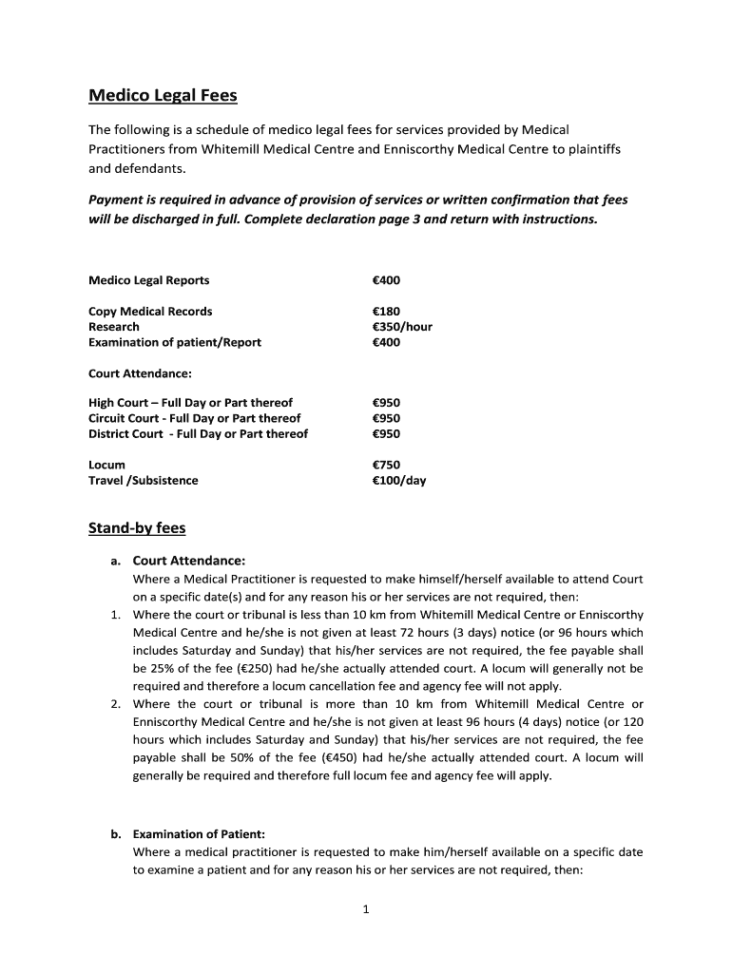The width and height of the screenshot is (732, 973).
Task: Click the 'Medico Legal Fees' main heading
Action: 163,95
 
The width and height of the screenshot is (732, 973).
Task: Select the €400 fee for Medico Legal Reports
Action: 387,280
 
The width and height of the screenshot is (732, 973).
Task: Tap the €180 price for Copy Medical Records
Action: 387,312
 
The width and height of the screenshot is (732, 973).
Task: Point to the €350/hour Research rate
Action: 402,327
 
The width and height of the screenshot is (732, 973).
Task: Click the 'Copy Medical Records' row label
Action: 150,312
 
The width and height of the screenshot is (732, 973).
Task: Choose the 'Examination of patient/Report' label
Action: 175,342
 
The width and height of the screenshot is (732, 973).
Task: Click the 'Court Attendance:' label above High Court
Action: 140,373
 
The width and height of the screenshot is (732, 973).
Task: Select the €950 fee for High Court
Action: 387,403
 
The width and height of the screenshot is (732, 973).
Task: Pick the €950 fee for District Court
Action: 387,434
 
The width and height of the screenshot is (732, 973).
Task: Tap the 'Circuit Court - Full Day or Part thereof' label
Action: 195,418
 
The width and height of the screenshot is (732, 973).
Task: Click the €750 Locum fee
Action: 387,465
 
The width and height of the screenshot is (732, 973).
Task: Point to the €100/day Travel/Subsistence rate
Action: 399,481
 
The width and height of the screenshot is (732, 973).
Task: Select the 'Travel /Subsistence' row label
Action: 144,481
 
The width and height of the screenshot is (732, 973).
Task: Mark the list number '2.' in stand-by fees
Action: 115,704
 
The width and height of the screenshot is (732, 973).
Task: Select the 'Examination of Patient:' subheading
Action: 199,834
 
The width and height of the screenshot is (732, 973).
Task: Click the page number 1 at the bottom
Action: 366,909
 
